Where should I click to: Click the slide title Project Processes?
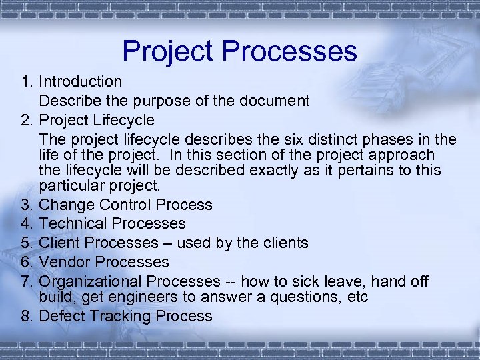[x=239, y=51]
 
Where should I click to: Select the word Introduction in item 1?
[x=80, y=82]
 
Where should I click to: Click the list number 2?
[x=27, y=121]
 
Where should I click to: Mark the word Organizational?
[x=90, y=282]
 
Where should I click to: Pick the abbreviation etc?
[x=357, y=297]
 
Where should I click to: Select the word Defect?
[x=61, y=316]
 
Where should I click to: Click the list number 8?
[x=27, y=316]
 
